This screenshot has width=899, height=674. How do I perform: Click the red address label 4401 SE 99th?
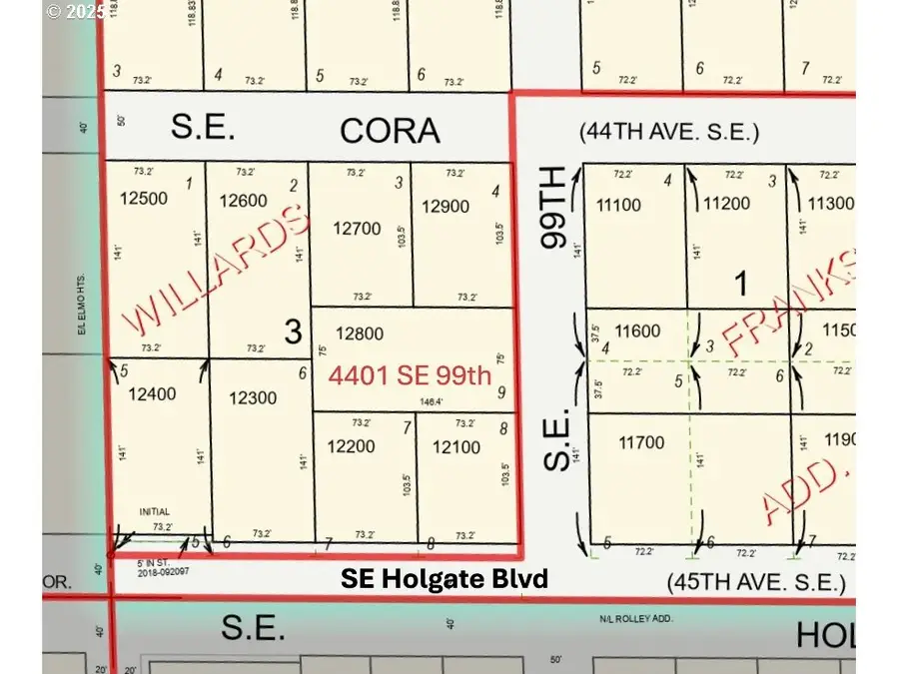[x=411, y=375]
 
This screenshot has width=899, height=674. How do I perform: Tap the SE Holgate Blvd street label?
[x=445, y=578]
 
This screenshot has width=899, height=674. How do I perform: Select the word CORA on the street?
[x=390, y=130]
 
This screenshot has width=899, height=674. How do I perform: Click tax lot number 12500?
[x=143, y=198]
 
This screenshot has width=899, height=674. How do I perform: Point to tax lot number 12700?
[x=358, y=229]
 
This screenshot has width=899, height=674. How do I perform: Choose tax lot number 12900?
[x=446, y=207]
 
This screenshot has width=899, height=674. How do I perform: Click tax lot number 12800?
[x=361, y=334]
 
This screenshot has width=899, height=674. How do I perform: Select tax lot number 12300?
[x=253, y=399]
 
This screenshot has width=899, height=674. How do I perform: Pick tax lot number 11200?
[x=726, y=205]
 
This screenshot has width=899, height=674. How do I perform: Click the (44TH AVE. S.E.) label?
[x=669, y=131]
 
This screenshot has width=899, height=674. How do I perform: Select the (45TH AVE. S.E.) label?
[x=756, y=582]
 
